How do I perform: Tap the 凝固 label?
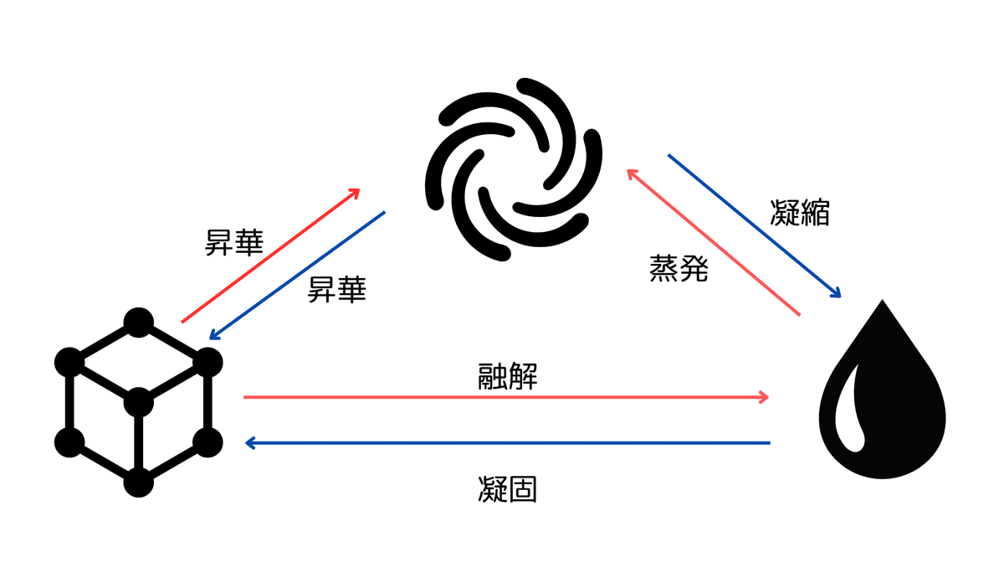pos(508,488)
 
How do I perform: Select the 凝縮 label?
pos(800,213)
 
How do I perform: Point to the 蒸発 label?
pos(679,268)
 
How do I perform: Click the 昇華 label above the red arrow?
pos(234,243)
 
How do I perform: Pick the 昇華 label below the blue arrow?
pos(338,290)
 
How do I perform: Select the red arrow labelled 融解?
pos(502,397)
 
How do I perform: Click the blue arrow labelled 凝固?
pos(502,442)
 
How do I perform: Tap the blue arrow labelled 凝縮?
pos(753,225)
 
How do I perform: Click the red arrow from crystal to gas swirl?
pos(270,256)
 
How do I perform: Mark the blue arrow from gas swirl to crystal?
pos(298,275)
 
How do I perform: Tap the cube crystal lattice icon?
pos(139,402)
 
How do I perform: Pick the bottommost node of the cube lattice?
pos(139,483)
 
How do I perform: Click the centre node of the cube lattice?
pos(139,403)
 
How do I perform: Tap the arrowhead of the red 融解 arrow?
pos(762,397)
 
